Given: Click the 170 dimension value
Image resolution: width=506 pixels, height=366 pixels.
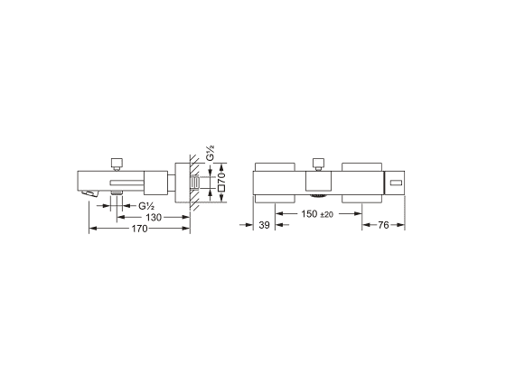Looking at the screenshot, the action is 139,229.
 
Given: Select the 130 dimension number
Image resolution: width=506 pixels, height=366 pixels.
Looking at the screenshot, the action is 154,218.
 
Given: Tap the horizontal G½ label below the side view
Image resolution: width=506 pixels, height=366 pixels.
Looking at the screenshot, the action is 146,206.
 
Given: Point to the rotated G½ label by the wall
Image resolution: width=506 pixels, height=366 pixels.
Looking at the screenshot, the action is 210,153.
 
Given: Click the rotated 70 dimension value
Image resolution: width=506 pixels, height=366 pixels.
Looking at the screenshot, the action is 221,178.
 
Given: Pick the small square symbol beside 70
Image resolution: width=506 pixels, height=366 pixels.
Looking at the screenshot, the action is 221,189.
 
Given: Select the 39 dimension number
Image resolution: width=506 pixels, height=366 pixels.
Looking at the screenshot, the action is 264,225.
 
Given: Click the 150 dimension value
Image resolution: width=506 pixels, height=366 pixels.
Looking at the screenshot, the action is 309,213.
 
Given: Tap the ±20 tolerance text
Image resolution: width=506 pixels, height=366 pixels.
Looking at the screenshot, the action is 326,214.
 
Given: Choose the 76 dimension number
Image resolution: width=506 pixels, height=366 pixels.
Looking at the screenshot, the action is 383,225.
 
